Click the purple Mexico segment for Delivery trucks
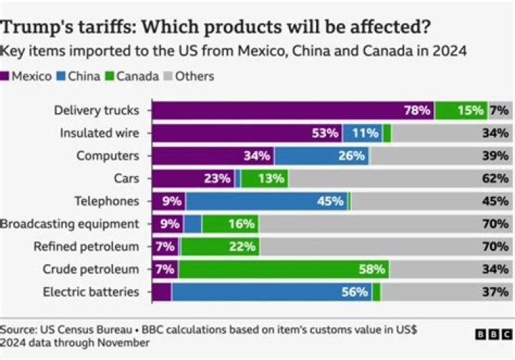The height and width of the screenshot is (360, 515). pos(286,110)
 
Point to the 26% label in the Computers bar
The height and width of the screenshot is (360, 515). pos(351,156)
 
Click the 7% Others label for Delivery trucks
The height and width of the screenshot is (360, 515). pos(499,110)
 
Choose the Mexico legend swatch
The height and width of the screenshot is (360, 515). pos(6,76)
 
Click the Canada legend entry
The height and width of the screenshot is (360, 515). pos(132,76)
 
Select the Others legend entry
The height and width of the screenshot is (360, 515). pos(190,76)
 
